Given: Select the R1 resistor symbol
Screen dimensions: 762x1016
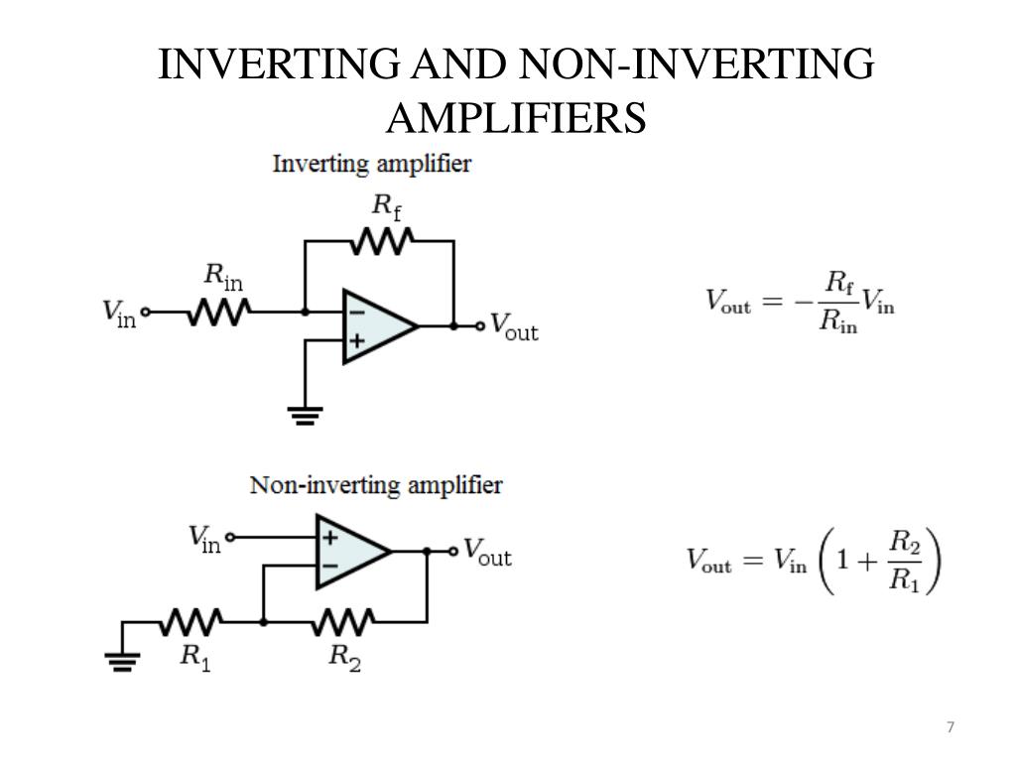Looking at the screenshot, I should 192,622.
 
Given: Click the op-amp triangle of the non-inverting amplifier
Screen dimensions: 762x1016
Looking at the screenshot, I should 350,551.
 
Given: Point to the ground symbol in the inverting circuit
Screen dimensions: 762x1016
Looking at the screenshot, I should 306,415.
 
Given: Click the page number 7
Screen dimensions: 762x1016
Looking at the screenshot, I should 951,727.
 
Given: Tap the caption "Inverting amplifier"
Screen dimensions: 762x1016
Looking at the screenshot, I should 371,164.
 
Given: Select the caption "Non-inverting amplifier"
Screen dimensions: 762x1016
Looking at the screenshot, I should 375,486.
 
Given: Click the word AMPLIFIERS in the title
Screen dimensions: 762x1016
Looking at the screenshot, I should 516,117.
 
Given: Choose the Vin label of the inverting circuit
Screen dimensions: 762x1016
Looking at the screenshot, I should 119,313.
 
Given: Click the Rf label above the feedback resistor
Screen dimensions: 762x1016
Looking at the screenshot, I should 386,206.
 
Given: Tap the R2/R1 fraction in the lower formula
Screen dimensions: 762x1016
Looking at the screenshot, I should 904,561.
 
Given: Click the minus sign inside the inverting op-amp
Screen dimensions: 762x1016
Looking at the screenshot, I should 356,311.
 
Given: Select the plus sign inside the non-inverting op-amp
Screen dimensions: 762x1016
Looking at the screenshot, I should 329,537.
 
